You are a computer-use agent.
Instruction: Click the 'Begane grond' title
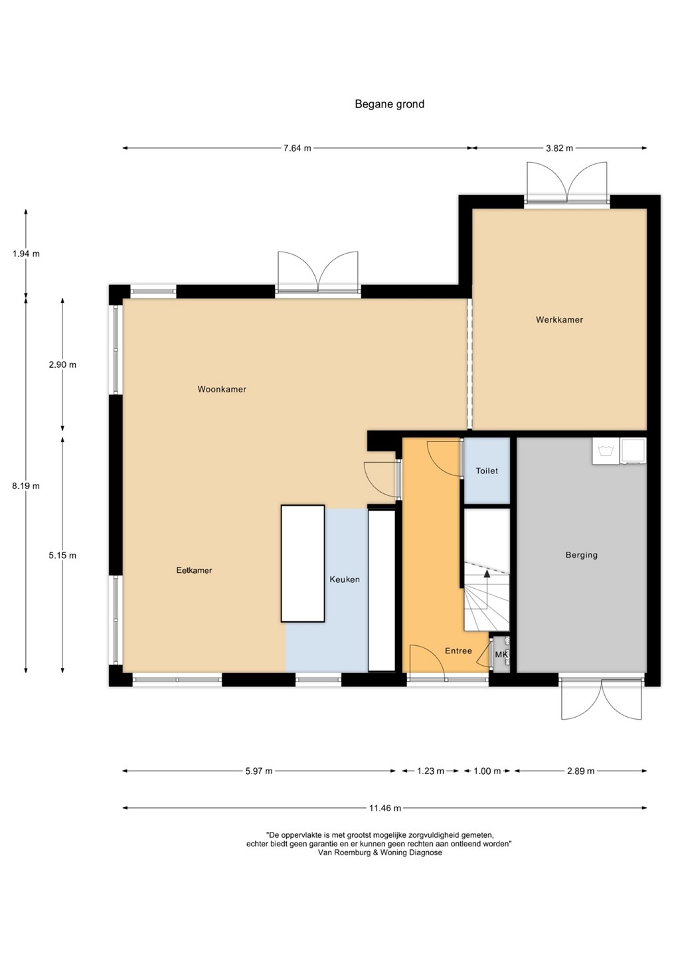pos(390,105)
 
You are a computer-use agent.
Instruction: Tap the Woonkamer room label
pos(222,389)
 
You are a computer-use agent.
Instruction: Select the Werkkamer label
pos(560,320)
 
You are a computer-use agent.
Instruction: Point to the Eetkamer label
pos(194,570)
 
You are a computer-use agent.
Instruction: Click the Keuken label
pos(345,580)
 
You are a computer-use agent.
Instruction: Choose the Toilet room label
pos(487,471)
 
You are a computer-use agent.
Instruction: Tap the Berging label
pos(581,555)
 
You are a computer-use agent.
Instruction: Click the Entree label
pos(458,651)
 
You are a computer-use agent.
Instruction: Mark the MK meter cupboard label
pos(501,655)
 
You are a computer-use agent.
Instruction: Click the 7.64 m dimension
pos(297,148)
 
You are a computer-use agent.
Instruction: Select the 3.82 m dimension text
pos(560,148)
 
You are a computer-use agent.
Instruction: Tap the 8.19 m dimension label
pos(26,486)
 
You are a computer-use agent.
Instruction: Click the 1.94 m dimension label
pos(26,254)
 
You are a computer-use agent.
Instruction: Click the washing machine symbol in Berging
pos(606,451)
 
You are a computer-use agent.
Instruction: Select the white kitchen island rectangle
pos(303,564)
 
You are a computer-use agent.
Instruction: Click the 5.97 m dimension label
pos(258,771)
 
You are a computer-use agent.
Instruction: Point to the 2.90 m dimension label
pos(62,365)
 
